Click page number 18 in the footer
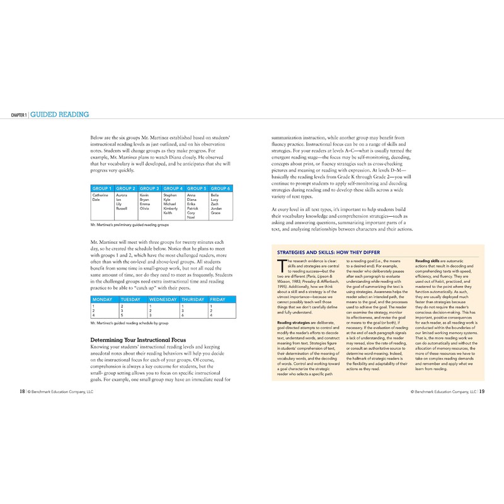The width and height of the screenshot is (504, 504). [x=22, y=391]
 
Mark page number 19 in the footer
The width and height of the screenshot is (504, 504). [x=481, y=391]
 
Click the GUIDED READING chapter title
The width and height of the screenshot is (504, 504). [x=60, y=115]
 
